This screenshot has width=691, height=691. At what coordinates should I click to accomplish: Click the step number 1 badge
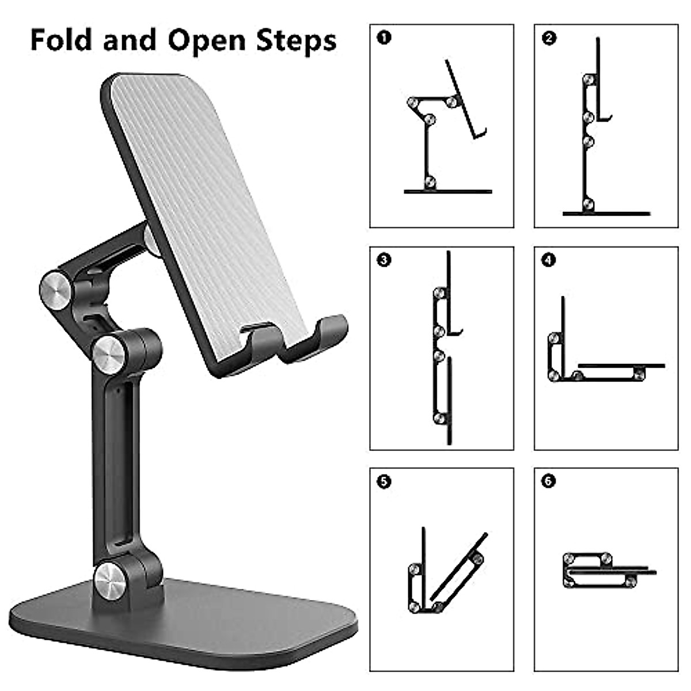click(384, 38)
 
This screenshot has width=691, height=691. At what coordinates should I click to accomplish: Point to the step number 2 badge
click(549, 38)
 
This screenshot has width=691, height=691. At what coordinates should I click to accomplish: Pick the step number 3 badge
click(384, 260)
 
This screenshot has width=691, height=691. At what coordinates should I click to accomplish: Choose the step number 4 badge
click(549, 260)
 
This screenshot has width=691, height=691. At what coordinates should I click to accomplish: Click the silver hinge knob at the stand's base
click(111, 580)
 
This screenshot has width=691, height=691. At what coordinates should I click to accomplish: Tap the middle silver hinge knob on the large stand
click(109, 352)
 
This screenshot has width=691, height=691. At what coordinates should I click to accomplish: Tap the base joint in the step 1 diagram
click(430, 183)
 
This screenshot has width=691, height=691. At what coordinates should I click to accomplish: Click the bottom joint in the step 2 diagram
click(588, 204)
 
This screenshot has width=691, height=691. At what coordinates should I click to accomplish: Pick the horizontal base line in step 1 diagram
click(448, 191)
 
